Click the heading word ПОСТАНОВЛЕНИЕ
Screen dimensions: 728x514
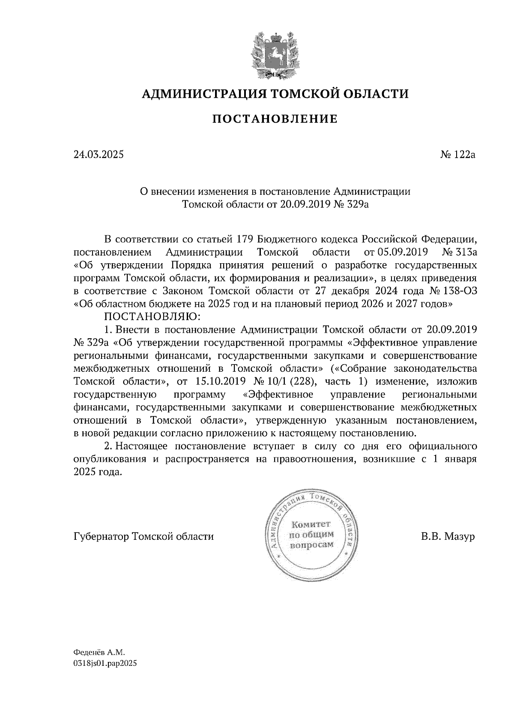(275, 119)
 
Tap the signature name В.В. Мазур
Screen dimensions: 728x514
(448, 536)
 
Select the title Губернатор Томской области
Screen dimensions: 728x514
(143, 536)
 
